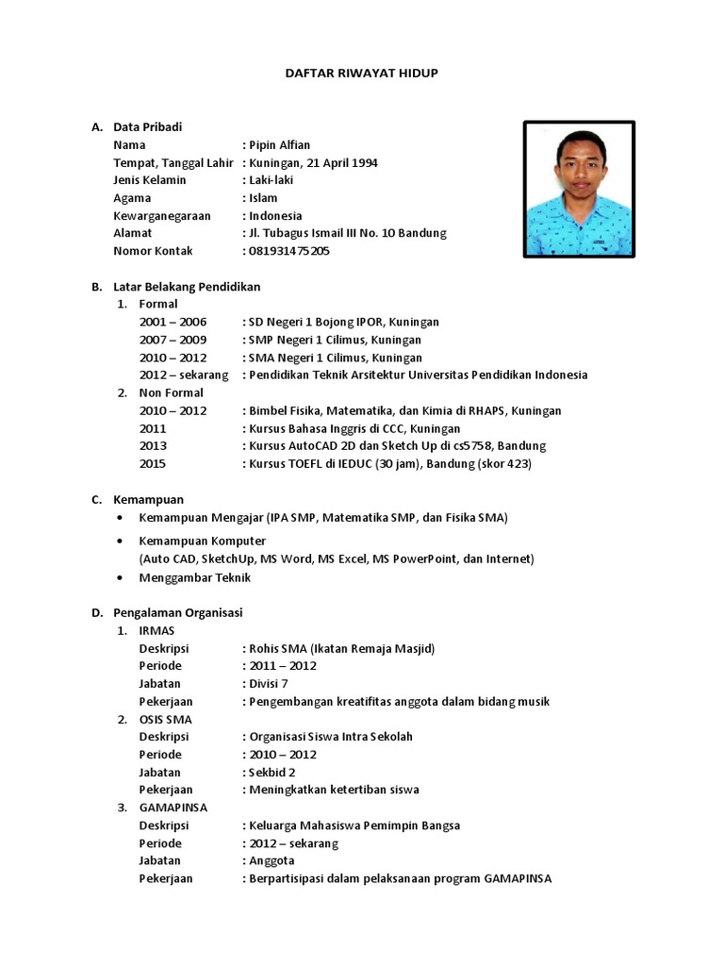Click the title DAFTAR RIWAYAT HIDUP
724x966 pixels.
coord(361,72)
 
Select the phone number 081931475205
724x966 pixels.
coord(289,251)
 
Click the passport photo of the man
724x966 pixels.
coord(579,189)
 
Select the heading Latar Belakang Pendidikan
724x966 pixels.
coord(187,287)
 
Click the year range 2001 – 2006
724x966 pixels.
coord(173,322)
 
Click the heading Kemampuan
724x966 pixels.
coord(148,500)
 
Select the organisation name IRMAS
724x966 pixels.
coord(156,630)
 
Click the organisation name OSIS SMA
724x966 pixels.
coord(165,719)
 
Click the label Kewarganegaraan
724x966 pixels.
coord(162,216)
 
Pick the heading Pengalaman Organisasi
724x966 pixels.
coord(178,612)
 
